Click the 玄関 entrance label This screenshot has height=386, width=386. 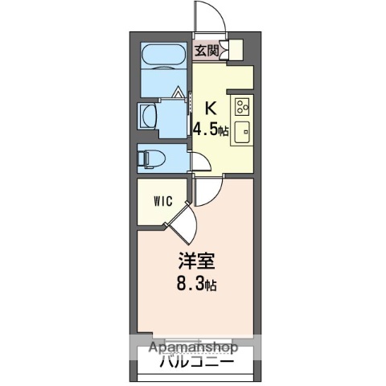click(x=206, y=51)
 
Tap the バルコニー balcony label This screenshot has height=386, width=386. click(x=195, y=363)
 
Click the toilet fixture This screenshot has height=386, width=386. click(x=151, y=157)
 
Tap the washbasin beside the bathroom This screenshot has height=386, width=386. click(x=150, y=114)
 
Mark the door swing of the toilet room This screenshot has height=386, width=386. click(x=201, y=161)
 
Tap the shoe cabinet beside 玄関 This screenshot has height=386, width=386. click(x=230, y=51)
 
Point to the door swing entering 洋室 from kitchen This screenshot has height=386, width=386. click(x=206, y=191)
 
